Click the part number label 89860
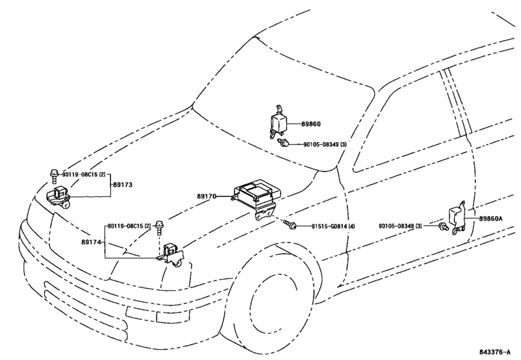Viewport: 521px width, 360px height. (x=311, y=124)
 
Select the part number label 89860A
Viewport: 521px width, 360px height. (x=490, y=219)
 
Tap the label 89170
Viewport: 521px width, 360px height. (x=207, y=197)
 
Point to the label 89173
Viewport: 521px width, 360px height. (x=123, y=184)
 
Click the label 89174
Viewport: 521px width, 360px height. (x=91, y=242)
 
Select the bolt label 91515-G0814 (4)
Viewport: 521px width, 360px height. (x=333, y=226)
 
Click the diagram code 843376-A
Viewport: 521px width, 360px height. (x=495, y=352)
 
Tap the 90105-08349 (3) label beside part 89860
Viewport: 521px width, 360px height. (x=324, y=145)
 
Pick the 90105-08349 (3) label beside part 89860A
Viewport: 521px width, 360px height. (x=400, y=226)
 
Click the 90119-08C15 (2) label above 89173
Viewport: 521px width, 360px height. (x=84, y=174)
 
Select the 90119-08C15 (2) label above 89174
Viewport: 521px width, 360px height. (x=130, y=226)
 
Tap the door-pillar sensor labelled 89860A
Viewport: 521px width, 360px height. (x=458, y=217)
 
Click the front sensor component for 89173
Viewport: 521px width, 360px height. (x=58, y=198)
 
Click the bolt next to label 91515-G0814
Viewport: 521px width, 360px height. (x=290, y=225)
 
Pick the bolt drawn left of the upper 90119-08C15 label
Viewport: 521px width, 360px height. (x=53, y=176)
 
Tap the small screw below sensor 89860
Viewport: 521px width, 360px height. (x=283, y=143)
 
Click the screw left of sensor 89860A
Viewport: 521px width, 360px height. (x=443, y=227)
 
